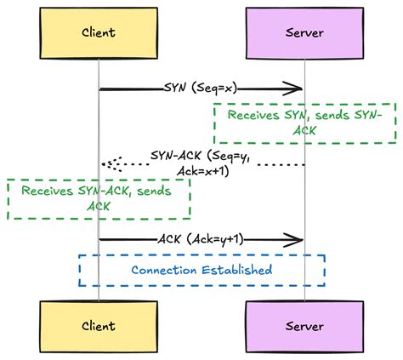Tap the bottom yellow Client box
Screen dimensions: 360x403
(99, 326)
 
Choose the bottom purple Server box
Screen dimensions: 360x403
(304, 326)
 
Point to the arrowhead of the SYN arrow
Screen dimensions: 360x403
(298, 89)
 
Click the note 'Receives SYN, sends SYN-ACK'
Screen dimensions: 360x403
(305, 123)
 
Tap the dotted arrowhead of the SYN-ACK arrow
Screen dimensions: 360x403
(107, 163)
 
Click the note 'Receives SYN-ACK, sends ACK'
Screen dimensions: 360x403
(99, 199)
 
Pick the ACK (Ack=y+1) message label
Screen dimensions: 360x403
(201, 239)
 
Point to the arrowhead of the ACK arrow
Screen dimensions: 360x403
(298, 240)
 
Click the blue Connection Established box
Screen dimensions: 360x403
(201, 270)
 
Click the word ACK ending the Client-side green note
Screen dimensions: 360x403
(99, 207)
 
